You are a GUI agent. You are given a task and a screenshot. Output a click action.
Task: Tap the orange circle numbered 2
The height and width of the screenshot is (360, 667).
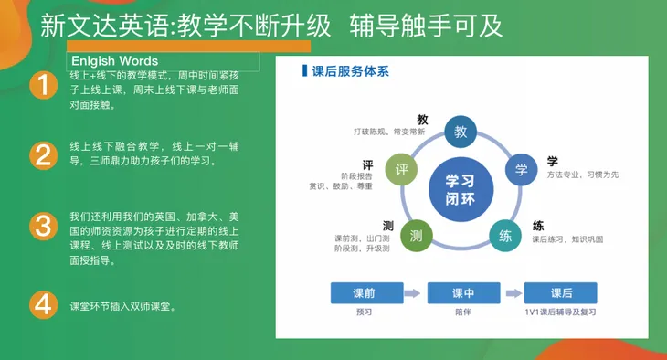[42, 154]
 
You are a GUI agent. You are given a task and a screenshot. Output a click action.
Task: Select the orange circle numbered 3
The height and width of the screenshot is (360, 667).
[42, 226]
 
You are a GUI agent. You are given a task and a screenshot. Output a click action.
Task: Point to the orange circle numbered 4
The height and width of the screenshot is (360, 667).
[42, 304]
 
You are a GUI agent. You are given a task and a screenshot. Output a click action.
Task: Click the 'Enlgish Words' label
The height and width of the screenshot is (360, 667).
[116, 61]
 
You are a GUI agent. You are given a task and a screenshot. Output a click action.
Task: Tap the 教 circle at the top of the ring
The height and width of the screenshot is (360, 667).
[461, 132]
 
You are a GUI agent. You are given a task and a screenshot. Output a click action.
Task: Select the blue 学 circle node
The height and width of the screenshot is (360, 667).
[522, 170]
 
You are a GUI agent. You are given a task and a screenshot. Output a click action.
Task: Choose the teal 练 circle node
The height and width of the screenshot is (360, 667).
[505, 236]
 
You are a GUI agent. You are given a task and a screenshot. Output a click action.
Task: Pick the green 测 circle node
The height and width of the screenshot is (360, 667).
[417, 236]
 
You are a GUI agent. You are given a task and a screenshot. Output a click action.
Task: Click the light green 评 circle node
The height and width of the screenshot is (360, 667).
[400, 170]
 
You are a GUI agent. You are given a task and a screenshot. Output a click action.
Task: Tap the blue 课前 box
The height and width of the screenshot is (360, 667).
[365, 293]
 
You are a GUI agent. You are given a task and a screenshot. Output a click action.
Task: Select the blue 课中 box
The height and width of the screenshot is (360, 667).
[462, 293]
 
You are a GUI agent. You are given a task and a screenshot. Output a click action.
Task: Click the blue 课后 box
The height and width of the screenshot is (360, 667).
[561, 293]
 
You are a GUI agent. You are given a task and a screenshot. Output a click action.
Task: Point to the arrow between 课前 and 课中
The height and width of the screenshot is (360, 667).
[413, 293]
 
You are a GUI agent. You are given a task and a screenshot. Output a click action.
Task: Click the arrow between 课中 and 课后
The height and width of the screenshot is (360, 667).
[512, 293]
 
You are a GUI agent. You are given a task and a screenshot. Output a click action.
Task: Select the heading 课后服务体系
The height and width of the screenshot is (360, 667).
[349, 70]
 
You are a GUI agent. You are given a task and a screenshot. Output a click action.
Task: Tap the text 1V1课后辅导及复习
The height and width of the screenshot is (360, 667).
[561, 312]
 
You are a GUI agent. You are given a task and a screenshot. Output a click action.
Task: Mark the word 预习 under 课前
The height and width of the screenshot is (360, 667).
[365, 312]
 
